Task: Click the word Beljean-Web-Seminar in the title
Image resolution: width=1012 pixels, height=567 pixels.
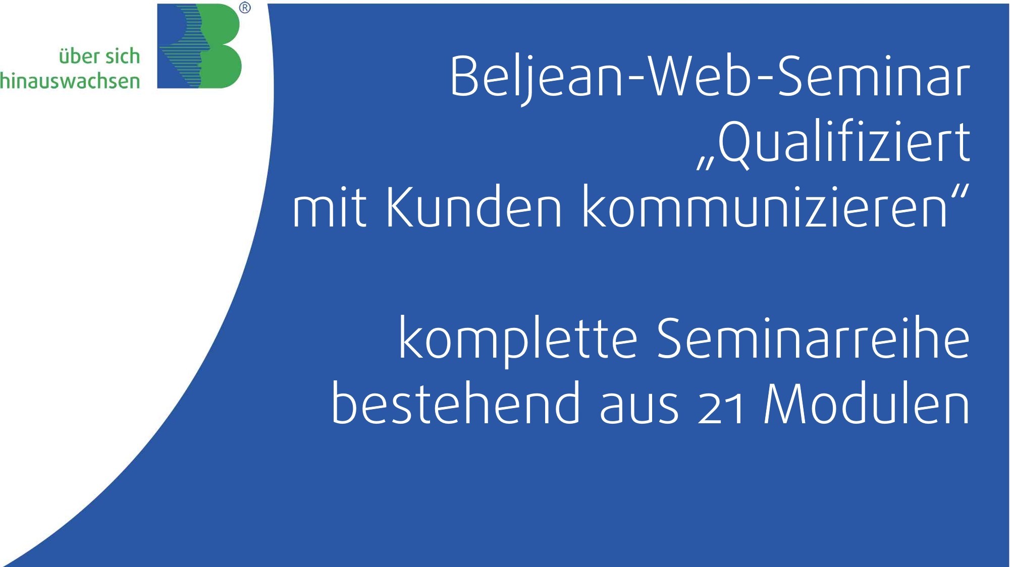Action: pos(710,77)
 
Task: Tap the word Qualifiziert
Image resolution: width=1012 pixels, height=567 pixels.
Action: pos(844,142)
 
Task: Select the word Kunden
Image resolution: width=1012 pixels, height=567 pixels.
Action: pos(474,207)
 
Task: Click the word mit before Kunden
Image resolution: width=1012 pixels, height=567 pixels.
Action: pos(330,207)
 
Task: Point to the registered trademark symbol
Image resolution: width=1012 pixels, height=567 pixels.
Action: pos(245,8)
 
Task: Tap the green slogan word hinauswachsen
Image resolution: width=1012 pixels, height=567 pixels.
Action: pos(70,81)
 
